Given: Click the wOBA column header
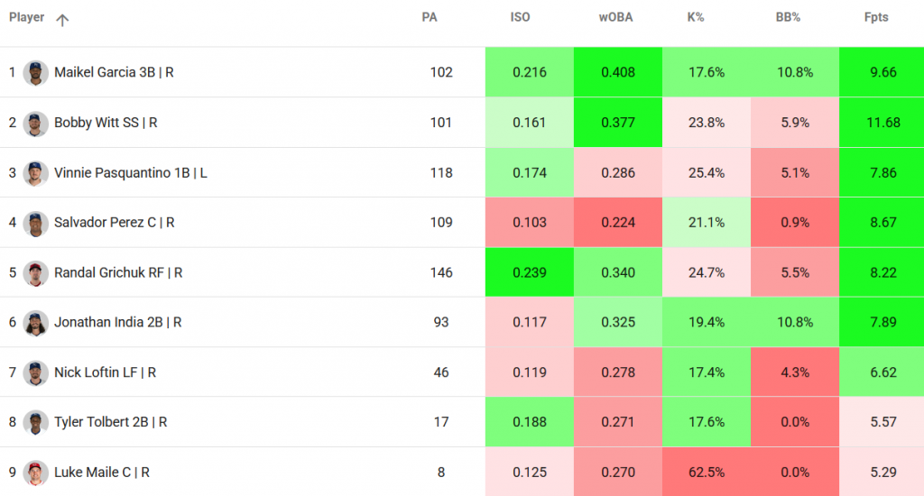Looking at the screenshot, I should [616, 17].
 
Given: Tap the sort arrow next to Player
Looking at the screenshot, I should [62, 20].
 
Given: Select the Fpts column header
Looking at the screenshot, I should [875, 17].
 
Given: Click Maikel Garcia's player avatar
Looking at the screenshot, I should [35, 72].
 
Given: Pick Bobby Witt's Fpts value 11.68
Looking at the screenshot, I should [882, 123].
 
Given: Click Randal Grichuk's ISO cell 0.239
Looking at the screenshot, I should [529, 272].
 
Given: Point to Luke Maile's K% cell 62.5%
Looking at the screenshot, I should [706, 472].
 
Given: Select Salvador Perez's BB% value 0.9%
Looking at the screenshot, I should [794, 222].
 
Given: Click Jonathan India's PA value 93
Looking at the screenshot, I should [441, 322].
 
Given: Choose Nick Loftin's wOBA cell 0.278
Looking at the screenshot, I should [617, 372].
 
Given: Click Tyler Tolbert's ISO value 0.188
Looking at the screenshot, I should [529, 422].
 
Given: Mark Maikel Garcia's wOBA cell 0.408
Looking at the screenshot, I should [617, 72].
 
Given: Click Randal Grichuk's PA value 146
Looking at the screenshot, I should [441, 272].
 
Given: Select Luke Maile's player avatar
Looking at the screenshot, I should [35, 472].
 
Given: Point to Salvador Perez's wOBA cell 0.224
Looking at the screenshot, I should [617, 222].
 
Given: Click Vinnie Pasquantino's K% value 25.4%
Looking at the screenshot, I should [706, 172].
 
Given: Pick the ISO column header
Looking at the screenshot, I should [520, 17].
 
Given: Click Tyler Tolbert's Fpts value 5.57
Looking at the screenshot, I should [882, 422].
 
